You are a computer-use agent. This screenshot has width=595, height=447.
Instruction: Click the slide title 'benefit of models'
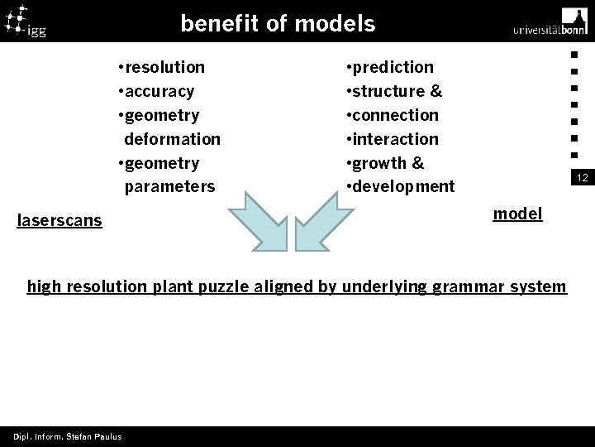click(278, 23)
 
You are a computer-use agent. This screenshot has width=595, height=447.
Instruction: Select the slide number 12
click(582, 178)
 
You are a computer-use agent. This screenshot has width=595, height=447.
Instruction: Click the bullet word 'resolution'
click(164, 66)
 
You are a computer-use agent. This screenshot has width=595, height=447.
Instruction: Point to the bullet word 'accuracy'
click(159, 90)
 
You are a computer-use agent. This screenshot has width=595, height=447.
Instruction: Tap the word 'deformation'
click(172, 138)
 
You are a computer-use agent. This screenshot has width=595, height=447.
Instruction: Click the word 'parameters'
click(169, 186)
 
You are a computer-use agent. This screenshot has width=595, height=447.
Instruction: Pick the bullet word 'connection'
click(396, 114)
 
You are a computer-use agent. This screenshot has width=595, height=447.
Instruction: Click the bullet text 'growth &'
click(388, 162)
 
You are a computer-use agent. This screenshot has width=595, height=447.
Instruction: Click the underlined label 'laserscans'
click(59, 221)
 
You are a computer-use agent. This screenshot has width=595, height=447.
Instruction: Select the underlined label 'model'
click(517, 214)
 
